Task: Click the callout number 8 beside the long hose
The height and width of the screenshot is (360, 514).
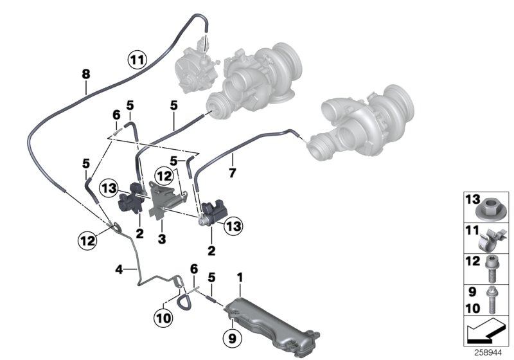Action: [x=85, y=74]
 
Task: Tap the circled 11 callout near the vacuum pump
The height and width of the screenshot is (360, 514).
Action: [x=137, y=61]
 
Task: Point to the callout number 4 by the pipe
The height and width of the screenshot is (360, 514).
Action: [x=118, y=269]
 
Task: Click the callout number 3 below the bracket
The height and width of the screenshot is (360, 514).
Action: [x=163, y=239]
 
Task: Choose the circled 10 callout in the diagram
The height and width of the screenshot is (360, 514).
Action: [x=164, y=317]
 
